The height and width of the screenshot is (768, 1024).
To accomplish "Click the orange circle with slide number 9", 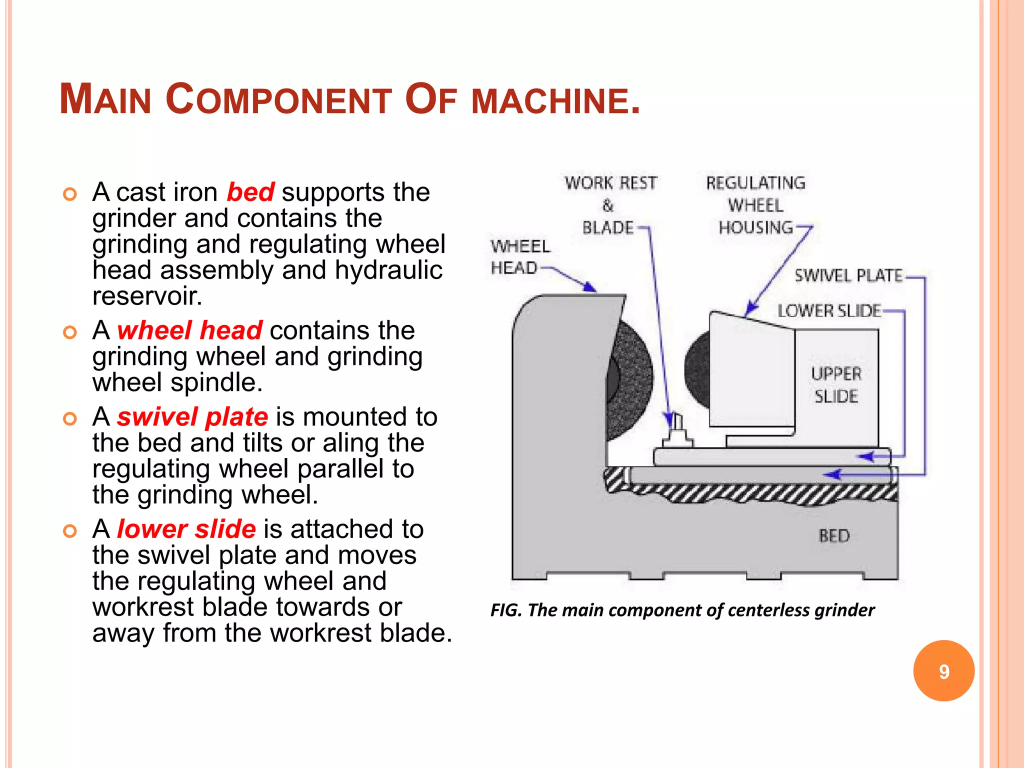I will (943, 670).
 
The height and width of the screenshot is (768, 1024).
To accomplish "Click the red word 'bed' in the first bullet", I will (250, 192).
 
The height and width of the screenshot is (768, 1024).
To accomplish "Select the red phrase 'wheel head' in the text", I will (189, 330).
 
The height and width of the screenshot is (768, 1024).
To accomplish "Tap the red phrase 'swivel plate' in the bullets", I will (192, 417).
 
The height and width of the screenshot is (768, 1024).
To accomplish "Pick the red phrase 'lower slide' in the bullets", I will (186, 529).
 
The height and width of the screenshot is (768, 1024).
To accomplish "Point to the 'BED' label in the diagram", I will (834, 535).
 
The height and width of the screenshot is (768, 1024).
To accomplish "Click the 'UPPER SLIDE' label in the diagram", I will (836, 385).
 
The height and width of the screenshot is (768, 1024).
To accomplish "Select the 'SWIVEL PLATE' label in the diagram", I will (848, 275).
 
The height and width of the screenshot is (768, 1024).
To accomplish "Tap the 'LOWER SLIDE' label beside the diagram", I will (828, 311).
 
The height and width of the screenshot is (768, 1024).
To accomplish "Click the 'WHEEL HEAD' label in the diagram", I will (519, 257).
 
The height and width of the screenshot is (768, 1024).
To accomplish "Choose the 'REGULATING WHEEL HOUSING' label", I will (755, 205).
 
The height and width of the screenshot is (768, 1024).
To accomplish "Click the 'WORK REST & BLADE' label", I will (609, 205).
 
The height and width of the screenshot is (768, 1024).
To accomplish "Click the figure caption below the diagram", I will (682, 610).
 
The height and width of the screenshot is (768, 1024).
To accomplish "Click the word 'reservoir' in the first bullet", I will (146, 296).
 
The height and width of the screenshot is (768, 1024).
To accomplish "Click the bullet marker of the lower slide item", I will (70, 531).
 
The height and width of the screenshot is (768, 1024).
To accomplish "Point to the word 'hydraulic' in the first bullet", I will (388, 270).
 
